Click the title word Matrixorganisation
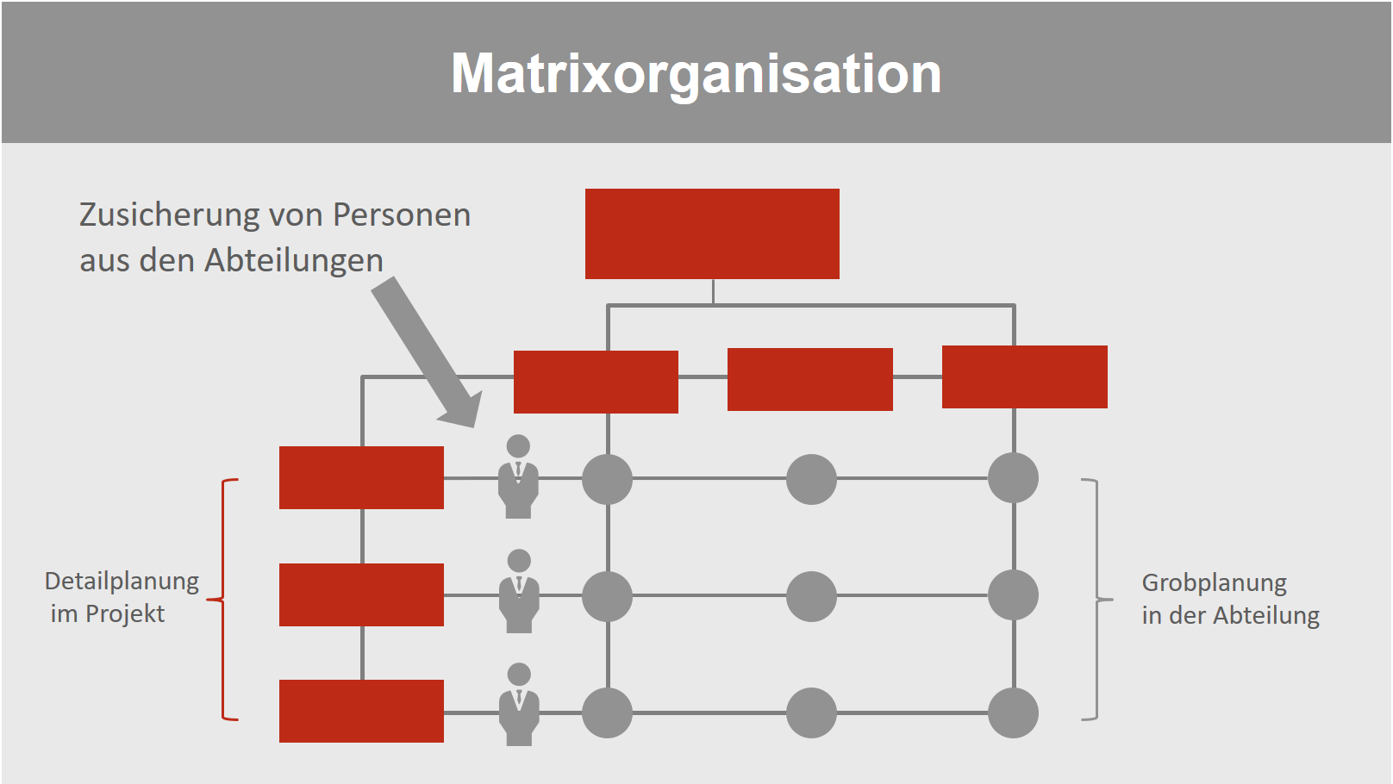[696, 73]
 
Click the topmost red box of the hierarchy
[712, 233]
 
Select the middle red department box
[809, 379]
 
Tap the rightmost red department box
[1024, 376]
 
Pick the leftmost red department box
[596, 382]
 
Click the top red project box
[361, 477]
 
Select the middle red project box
[361, 594]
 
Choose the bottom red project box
[361, 711]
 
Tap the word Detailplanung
[122, 582]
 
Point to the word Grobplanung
[1214, 583]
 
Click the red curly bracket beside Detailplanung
[226, 599]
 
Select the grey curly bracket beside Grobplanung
[1095, 599]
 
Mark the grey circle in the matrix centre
[811, 596]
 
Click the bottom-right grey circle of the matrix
[1013, 712]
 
